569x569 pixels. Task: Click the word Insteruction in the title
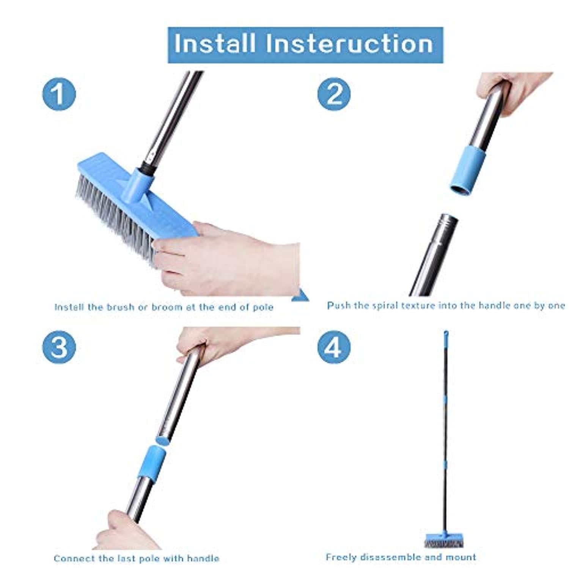349,44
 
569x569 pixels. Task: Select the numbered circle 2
334,94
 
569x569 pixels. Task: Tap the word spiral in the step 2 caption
385,305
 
